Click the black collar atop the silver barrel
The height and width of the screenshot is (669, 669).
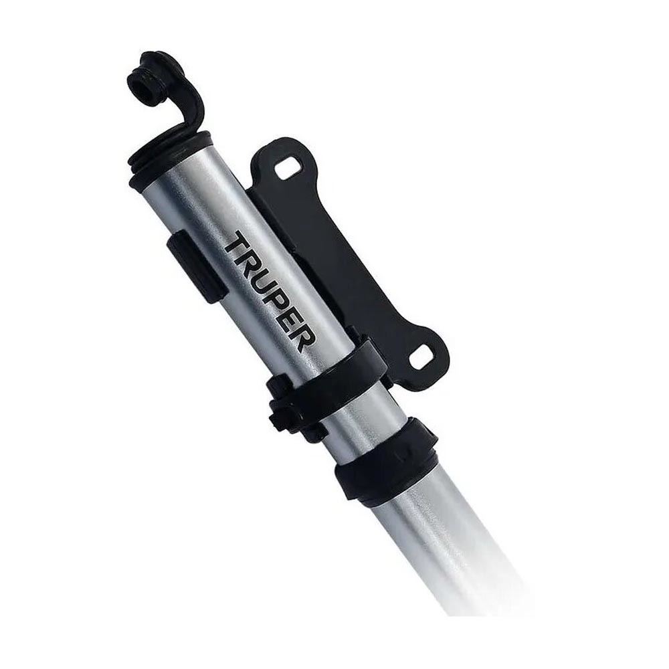171,157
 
